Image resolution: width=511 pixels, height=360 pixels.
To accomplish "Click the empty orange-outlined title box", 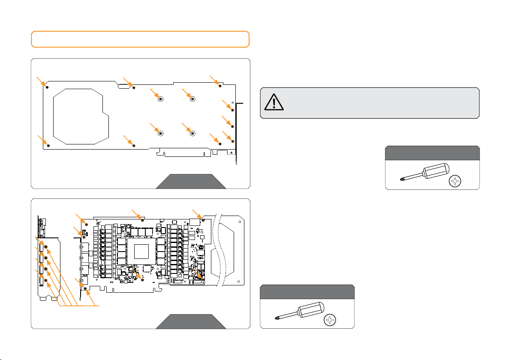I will pyautogui.click(x=140, y=39).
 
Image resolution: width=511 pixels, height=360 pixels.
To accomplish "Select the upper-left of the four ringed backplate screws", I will pyautogui.click(x=160, y=99).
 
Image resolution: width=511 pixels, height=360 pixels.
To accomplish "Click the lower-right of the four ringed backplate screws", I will pyautogui.click(x=192, y=133).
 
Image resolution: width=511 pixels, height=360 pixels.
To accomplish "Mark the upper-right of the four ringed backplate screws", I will pyautogui.click(x=192, y=99).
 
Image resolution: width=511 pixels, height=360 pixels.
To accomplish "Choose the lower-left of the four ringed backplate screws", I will pyautogui.click(x=160, y=133).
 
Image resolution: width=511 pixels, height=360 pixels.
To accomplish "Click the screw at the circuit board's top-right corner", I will pyautogui.click(x=202, y=220).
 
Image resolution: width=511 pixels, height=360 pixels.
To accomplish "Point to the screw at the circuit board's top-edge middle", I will pyautogui.click(x=142, y=220).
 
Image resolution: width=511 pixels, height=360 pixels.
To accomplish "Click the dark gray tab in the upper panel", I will pyautogui.click(x=191, y=181).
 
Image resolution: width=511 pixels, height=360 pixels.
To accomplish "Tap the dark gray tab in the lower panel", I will pyautogui.click(x=191, y=321).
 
